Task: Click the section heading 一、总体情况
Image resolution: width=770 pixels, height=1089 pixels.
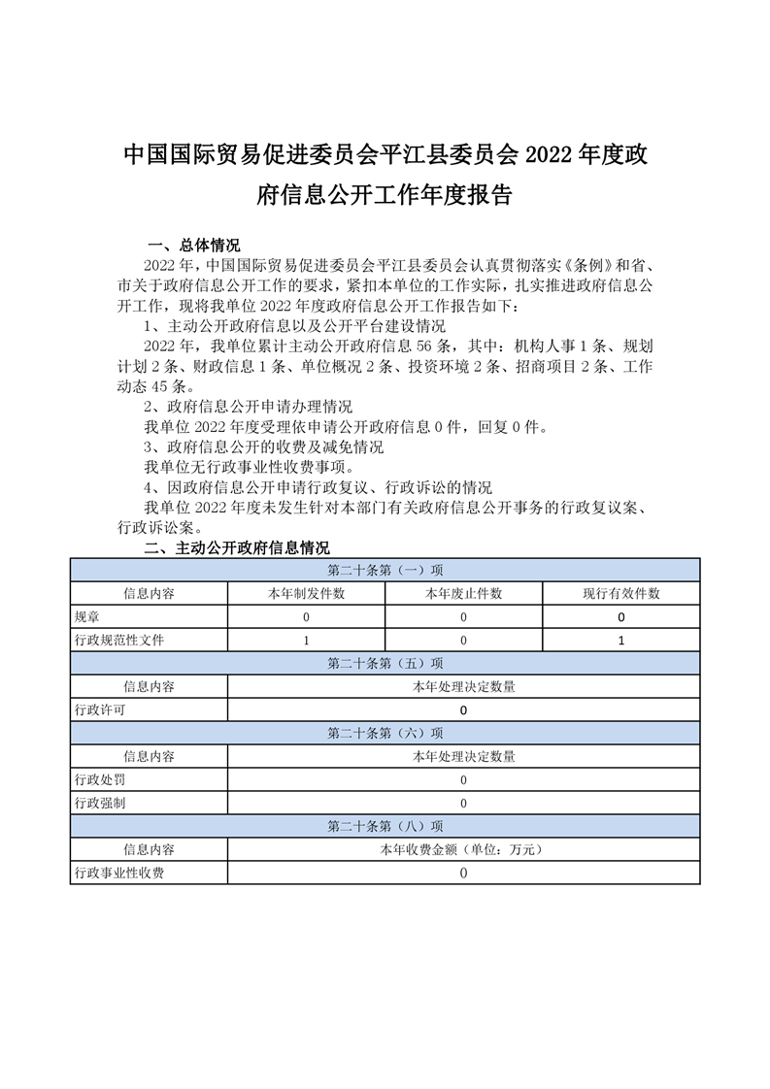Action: (192, 245)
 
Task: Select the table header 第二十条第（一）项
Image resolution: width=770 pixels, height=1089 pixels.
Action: (385, 570)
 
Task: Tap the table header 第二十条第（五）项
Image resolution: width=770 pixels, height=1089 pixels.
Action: (385, 663)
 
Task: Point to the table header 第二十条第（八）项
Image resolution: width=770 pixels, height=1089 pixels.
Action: (385, 826)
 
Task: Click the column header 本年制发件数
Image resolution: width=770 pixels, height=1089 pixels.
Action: (306, 593)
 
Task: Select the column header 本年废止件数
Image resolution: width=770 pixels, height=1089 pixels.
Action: (463, 593)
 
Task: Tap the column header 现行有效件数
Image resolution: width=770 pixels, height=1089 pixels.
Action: (620, 593)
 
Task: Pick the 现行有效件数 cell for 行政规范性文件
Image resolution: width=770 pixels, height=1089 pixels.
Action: (620, 640)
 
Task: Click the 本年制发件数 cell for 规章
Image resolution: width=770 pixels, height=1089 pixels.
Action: (306, 616)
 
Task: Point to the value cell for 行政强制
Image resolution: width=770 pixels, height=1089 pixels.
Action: (463, 803)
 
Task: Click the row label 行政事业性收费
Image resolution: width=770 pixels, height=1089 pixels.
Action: (119, 873)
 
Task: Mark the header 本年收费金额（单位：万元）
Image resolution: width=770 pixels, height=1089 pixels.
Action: (463, 849)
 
